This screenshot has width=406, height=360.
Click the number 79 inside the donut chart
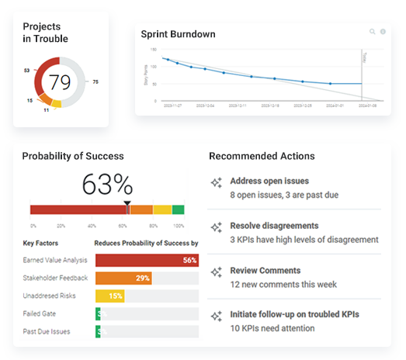61,81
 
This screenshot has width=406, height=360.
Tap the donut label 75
95,81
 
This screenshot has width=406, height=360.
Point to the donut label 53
26,70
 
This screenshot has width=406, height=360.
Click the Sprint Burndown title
178,34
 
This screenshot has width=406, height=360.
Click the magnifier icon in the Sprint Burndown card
373,32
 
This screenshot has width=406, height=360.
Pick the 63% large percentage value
107,184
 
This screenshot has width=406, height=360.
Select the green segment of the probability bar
178,209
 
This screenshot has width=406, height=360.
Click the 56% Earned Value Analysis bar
147,260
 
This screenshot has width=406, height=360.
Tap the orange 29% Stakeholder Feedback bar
123,278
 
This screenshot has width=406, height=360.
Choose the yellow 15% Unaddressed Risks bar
109,296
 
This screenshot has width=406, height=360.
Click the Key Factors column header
41,242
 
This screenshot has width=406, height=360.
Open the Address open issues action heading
269,181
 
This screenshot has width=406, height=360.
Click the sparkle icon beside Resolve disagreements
217,227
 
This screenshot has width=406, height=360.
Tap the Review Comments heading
265,271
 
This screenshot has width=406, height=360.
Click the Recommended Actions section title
262,156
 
